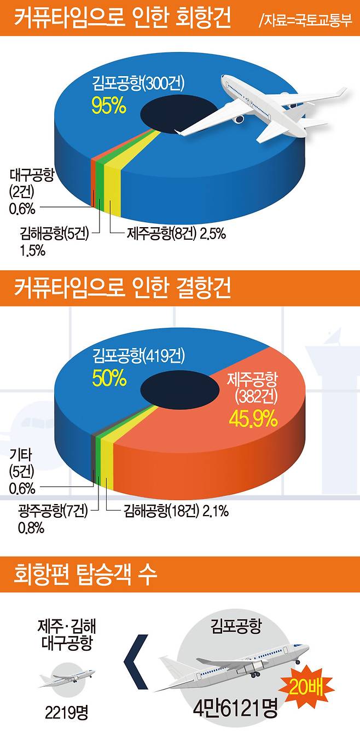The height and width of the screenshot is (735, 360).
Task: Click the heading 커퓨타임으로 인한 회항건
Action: click(x=121, y=20)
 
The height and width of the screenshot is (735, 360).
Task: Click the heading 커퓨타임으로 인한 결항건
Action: click(x=121, y=288)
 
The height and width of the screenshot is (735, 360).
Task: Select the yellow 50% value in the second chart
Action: click(x=109, y=378)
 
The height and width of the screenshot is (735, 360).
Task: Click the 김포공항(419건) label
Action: click(x=139, y=357)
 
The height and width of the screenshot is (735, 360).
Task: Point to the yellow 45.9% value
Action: click(x=252, y=419)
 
